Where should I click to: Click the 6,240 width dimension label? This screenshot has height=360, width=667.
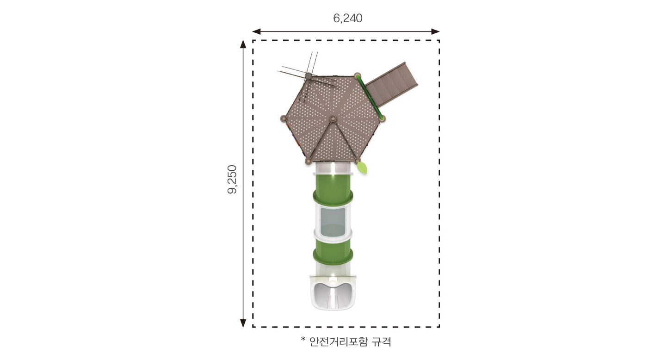pyautogui.click(x=347, y=19)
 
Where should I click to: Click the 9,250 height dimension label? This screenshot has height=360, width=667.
pyautogui.click(x=232, y=180)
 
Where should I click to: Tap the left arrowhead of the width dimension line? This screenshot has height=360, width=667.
pyautogui.click(x=256, y=31)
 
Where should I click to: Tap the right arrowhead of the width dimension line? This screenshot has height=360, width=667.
pyautogui.click(x=435, y=31)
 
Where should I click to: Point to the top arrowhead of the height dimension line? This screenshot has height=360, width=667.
pyautogui.click(x=243, y=44)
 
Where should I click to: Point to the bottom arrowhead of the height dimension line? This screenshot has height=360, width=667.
pyautogui.click(x=243, y=323)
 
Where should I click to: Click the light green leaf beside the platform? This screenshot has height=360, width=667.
pyautogui.click(x=362, y=168)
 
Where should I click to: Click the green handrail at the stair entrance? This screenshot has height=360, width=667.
pyautogui.click(x=370, y=96)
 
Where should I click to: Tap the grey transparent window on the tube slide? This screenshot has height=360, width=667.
pyautogui.click(x=333, y=222)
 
